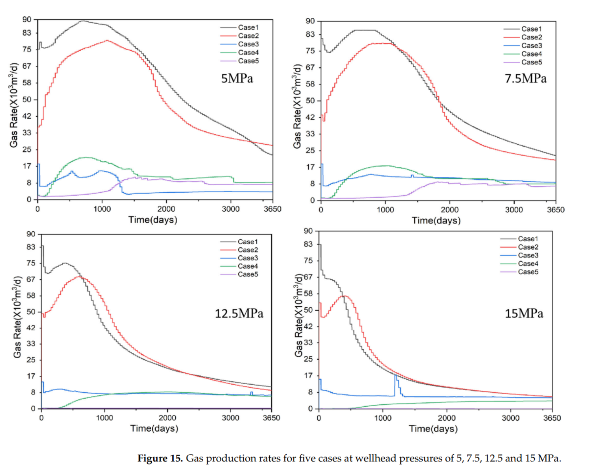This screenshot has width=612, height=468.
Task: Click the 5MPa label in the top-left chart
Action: click(237, 78)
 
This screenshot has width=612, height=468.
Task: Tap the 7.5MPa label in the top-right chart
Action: click(525, 78)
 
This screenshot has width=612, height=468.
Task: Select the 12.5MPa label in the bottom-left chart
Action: click(239, 313)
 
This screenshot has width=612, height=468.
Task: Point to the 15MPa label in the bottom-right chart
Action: click(524, 313)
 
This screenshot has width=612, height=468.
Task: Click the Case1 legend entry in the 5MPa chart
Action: click(248, 27)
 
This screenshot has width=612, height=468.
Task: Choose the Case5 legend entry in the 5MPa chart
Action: click(248, 61)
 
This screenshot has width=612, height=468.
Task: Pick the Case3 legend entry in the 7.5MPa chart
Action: click(531, 45)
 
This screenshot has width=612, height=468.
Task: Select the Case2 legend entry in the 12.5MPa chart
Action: click(248, 250)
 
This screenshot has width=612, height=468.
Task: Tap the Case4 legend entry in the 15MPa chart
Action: click(528, 263)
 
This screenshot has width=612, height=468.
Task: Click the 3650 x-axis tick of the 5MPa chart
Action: click(272, 209)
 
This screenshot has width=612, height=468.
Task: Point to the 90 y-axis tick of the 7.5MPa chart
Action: click(310, 21)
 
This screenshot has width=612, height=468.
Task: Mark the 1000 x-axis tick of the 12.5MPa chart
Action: click(105, 418)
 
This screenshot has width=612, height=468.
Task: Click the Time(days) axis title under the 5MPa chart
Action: click(153, 220)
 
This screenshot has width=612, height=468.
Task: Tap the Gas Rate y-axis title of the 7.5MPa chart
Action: click(297, 106)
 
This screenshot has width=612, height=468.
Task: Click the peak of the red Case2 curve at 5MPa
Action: click(107, 40)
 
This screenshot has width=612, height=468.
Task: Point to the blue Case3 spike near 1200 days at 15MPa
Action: click(396, 375)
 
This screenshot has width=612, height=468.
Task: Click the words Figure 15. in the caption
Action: click(160, 458)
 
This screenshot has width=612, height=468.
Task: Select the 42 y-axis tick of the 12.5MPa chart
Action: click(31, 328)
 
